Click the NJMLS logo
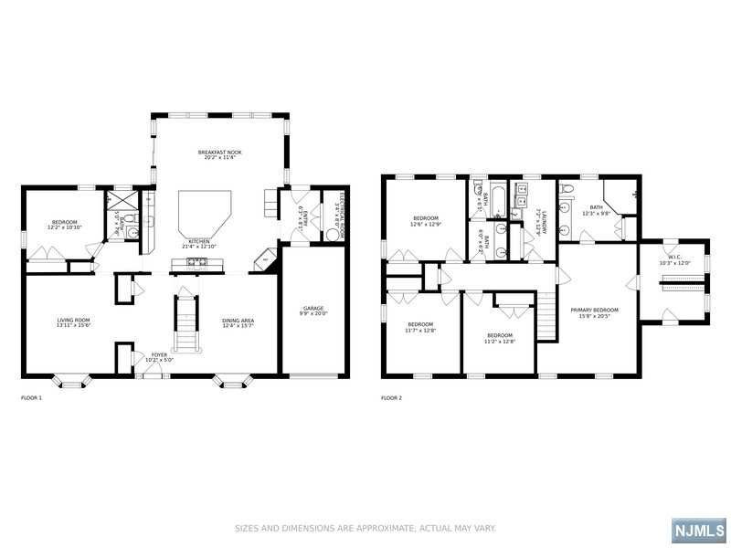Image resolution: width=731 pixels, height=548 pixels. pos(699,531)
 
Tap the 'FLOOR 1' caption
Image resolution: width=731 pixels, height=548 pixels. pos(32,397)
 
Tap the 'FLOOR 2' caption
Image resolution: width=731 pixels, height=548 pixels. pos(391,397)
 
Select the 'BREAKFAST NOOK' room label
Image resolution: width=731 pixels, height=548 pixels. pos(219,152)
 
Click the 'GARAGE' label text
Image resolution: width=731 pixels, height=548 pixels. pos(313,308)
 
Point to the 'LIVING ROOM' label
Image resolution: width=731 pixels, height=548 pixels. pos(74,320)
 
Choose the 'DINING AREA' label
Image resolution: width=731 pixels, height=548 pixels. pos(238,320)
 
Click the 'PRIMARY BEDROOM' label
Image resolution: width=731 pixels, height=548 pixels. pos(594,310)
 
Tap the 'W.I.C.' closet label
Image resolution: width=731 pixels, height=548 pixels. pos(674,257)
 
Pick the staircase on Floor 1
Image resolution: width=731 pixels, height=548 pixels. pos(185,324)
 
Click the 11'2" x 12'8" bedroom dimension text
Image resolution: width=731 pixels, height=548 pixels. pos(501,341)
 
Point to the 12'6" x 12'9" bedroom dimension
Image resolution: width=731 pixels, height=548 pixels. pos(427,224)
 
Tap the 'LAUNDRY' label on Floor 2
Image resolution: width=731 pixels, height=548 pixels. pos(544,220)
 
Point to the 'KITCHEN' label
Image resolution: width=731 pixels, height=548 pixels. pos(200,242)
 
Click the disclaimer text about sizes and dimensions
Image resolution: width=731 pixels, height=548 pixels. pos(365,528)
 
